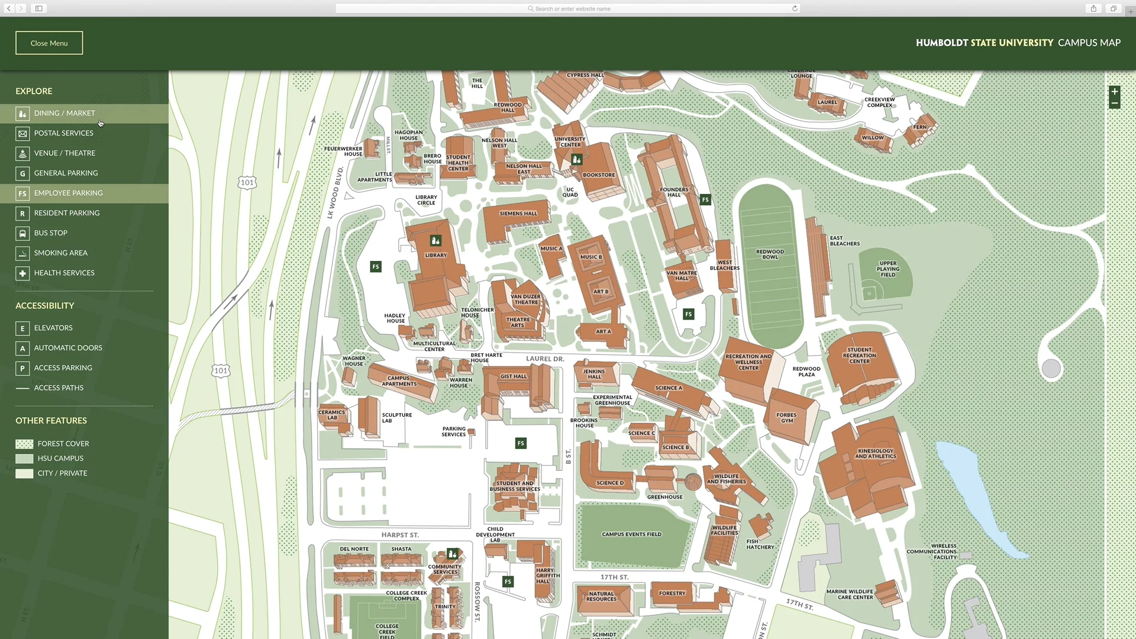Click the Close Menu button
click(x=49, y=43)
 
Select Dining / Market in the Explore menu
click(x=64, y=113)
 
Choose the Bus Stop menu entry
click(x=50, y=233)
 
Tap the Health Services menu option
click(x=64, y=273)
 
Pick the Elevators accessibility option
click(x=53, y=328)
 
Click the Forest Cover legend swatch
click(x=24, y=444)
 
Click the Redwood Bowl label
click(x=770, y=254)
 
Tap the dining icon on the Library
click(x=435, y=240)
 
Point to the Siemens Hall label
click(x=518, y=214)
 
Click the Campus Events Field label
click(x=631, y=534)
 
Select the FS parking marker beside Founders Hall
click(x=705, y=200)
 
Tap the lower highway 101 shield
click(x=221, y=371)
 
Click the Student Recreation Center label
click(x=859, y=356)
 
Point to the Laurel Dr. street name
click(x=545, y=359)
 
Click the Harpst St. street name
click(x=400, y=535)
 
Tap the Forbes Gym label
click(x=786, y=418)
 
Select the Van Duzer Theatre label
click(x=525, y=299)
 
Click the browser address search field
click(x=568, y=8)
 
